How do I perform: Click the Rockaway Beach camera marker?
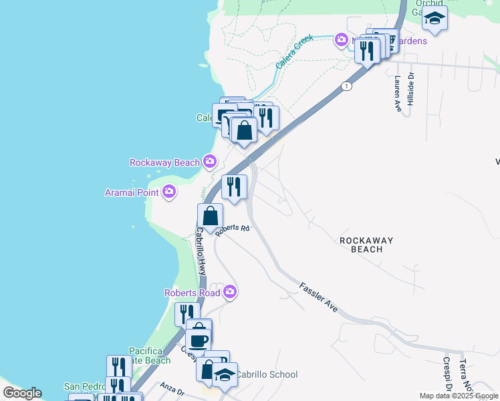[x=210, y=161]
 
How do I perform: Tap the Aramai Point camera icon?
[x=169, y=192]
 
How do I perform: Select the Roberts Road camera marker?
[x=230, y=291]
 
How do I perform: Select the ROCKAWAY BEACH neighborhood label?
[x=366, y=245]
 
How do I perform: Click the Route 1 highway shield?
[x=346, y=86]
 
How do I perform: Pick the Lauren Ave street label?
[x=398, y=94]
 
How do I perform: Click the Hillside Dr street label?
[x=412, y=86]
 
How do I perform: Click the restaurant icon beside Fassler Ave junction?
[x=234, y=186]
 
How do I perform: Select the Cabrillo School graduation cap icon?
[x=225, y=375]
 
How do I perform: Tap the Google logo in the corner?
[x=21, y=393]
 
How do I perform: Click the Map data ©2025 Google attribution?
[x=459, y=396]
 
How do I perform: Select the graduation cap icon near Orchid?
[x=434, y=18]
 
